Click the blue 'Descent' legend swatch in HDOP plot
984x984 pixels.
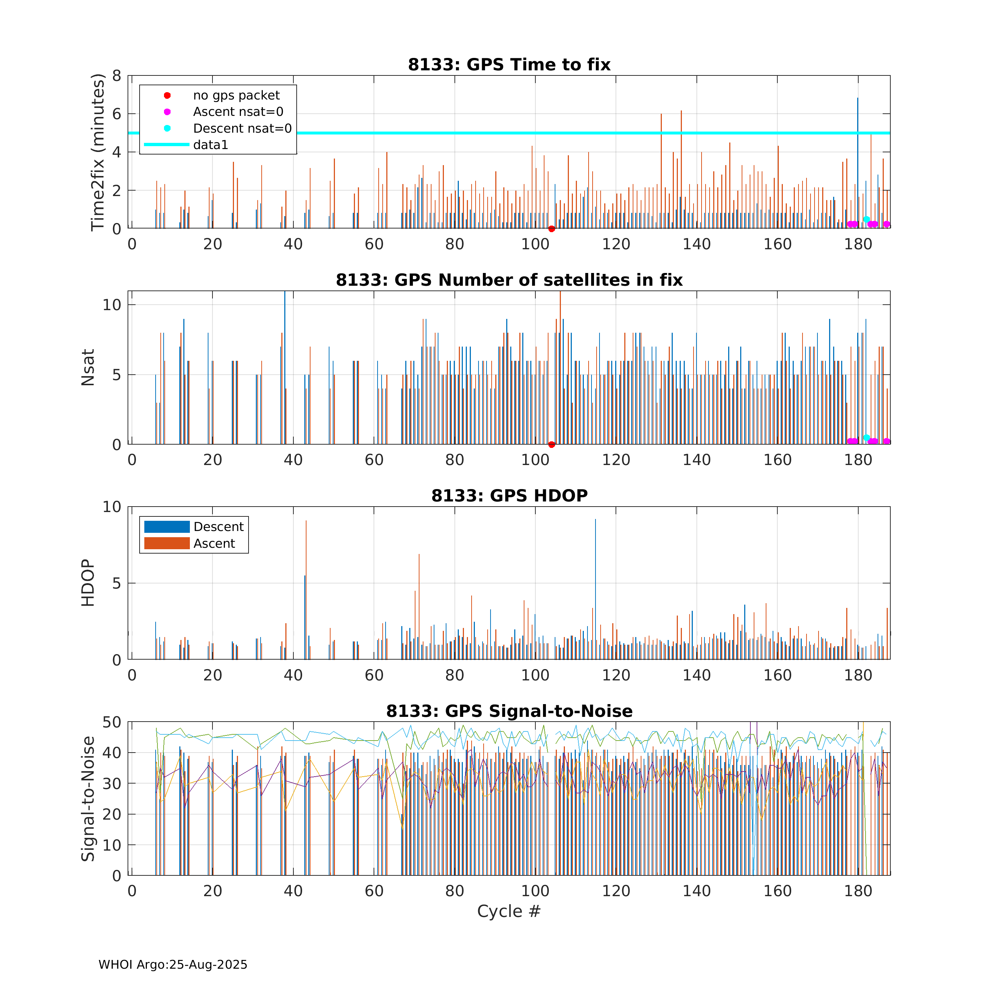click(x=167, y=527)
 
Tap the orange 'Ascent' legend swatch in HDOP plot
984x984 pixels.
click(x=167, y=543)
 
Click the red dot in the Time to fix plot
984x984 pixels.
click(x=552, y=229)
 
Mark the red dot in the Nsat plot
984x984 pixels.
click(x=552, y=445)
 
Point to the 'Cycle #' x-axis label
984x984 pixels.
click(x=509, y=911)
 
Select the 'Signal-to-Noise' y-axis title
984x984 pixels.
click(x=88, y=798)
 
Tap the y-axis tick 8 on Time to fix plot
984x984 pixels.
click(x=117, y=76)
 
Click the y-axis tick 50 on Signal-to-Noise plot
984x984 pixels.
click(x=112, y=722)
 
